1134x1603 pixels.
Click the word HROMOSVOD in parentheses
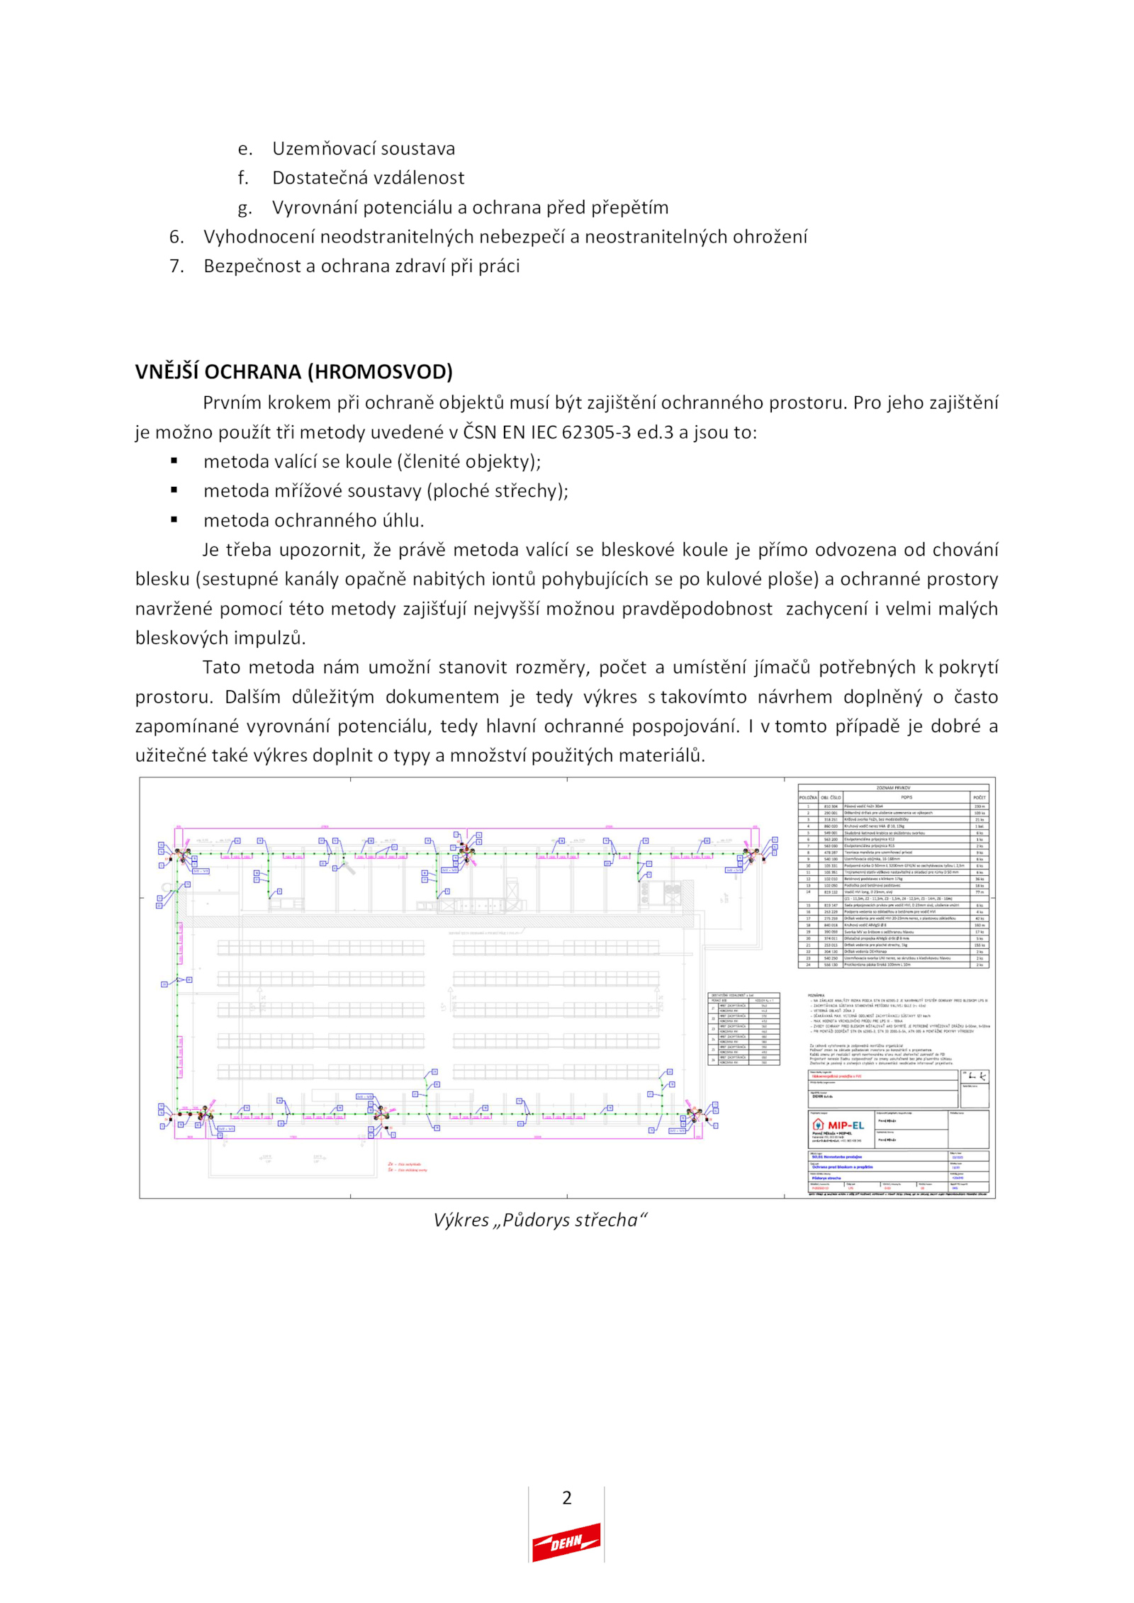tap(380, 371)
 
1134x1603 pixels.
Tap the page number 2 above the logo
tap(566, 1497)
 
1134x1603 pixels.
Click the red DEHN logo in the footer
tap(566, 1542)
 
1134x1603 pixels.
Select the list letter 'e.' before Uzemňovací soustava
tap(245, 149)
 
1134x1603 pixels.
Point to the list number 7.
tap(176, 266)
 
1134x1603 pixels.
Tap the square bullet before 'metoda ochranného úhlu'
tap(174, 519)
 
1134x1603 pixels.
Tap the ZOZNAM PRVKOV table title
tap(893, 787)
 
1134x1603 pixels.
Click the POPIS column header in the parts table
tap(906, 797)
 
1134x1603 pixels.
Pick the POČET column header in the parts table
tap(979, 797)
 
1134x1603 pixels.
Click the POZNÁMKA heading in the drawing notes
tap(816, 996)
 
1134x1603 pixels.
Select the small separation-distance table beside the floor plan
tap(743, 1028)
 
